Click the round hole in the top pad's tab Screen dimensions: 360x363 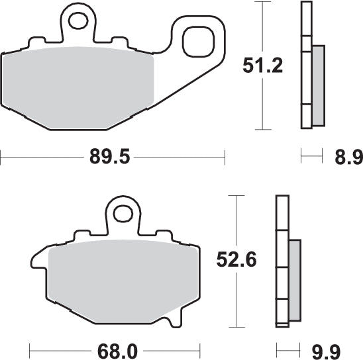(x=79, y=22)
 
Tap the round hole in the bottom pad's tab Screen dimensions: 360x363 (x=123, y=214)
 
